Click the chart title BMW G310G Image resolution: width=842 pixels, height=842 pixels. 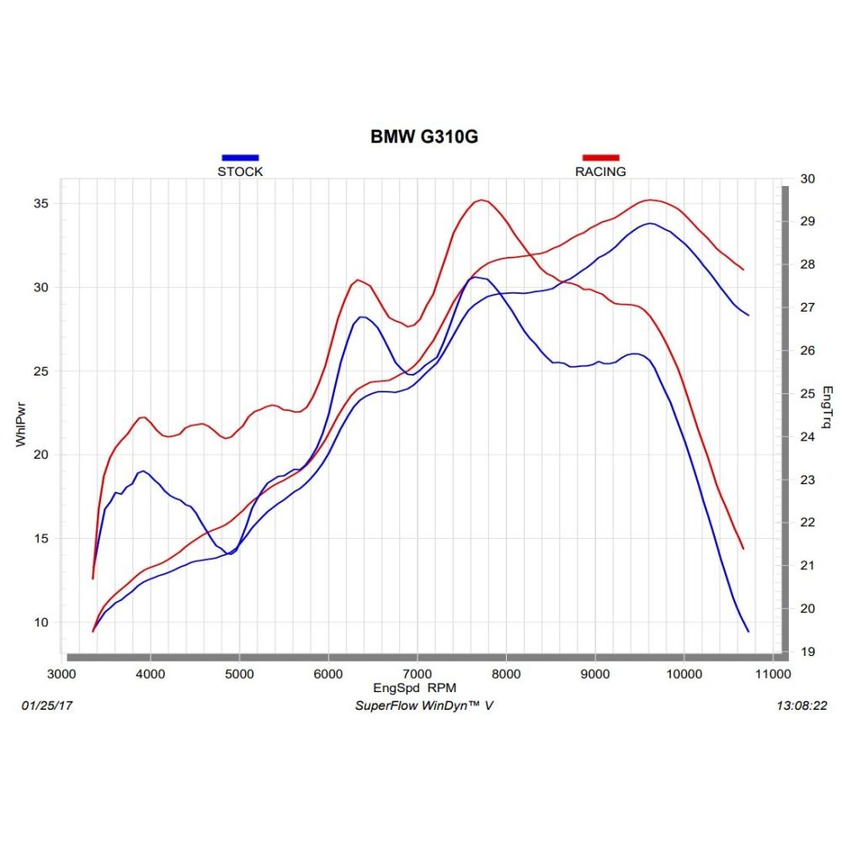pyautogui.click(x=424, y=136)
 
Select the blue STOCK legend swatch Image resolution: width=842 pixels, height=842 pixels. pyautogui.click(x=240, y=157)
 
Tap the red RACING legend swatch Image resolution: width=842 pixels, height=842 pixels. pyautogui.click(x=600, y=157)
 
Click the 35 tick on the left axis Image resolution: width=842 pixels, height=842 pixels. pyautogui.click(x=39, y=204)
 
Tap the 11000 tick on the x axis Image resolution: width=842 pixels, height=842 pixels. pyautogui.click(x=772, y=674)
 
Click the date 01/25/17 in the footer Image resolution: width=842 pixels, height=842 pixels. pyautogui.click(x=42, y=706)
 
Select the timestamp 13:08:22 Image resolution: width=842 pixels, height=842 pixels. pyautogui.click(x=804, y=706)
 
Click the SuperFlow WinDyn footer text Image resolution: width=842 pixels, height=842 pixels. pyautogui.click(x=424, y=706)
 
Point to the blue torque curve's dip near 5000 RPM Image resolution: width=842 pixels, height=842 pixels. pyautogui.click(x=230, y=553)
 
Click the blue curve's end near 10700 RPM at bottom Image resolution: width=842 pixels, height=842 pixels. pyautogui.click(x=748, y=631)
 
